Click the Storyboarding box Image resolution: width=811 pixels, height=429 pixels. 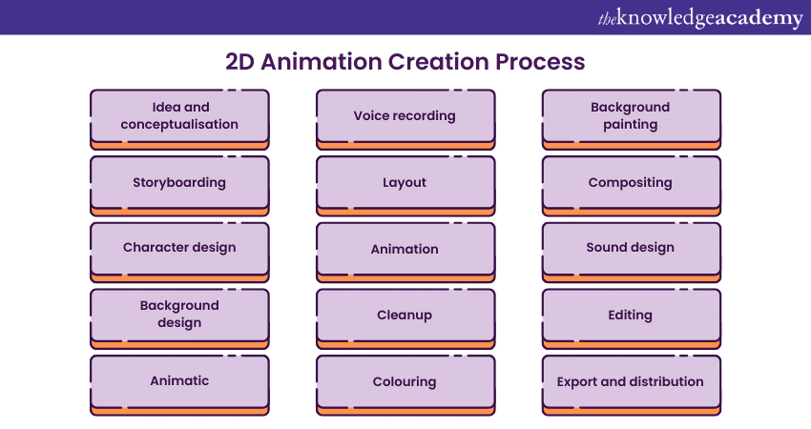tap(179, 182)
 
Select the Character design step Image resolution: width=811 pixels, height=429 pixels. tap(179, 248)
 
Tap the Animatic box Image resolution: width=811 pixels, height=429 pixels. tap(179, 381)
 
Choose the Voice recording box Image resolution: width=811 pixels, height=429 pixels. tap(405, 116)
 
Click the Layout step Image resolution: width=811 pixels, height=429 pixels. tap(405, 182)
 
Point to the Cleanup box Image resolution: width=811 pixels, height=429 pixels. tap(405, 315)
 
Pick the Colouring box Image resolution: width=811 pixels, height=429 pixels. tap(405, 381)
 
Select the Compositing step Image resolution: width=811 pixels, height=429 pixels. tap(631, 182)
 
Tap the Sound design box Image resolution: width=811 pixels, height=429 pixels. tap(631, 248)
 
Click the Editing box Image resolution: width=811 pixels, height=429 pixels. tap(631, 315)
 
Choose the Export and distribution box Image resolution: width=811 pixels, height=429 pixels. tap(631, 381)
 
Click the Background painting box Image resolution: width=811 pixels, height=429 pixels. tap(631, 116)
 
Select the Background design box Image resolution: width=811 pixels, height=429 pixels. tap(179, 315)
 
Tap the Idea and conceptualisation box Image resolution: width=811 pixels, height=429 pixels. tap(179, 116)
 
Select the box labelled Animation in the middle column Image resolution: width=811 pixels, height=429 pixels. tap(405, 249)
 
